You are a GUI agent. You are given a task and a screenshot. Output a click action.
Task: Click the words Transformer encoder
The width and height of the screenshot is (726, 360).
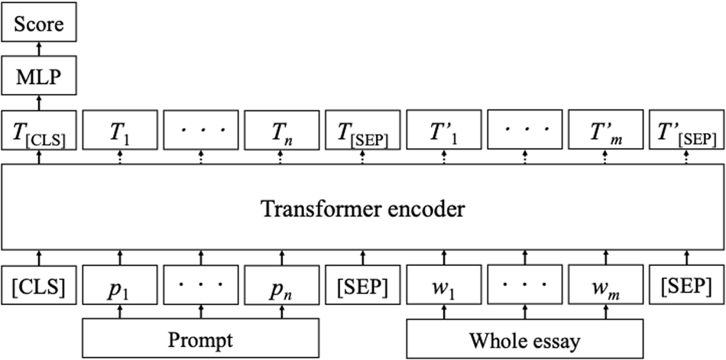pos(363,208)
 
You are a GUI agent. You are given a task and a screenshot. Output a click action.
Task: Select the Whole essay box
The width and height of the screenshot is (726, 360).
pos(523,338)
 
